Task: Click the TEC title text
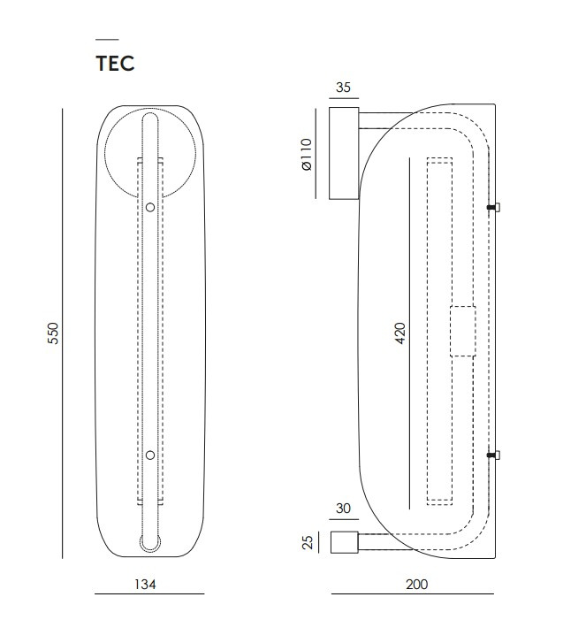pos(115,63)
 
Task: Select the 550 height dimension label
pos(54,333)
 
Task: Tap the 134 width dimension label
pos(145,584)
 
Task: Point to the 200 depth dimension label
pos(416,584)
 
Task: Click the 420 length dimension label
pos(400,333)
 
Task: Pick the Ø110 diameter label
pos(307,154)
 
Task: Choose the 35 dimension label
pos(344,88)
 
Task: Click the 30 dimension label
pos(344,509)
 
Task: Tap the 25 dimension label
pos(308,542)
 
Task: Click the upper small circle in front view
pos(150,207)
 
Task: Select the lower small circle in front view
pos(150,455)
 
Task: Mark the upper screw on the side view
pos(493,208)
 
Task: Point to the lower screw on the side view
pos(493,455)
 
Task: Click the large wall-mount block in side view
pos(344,153)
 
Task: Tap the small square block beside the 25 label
pos(344,542)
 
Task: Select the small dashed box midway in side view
pos(463,331)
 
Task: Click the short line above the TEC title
pos(107,40)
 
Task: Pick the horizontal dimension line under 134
pos(149,593)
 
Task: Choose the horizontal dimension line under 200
pos(413,593)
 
